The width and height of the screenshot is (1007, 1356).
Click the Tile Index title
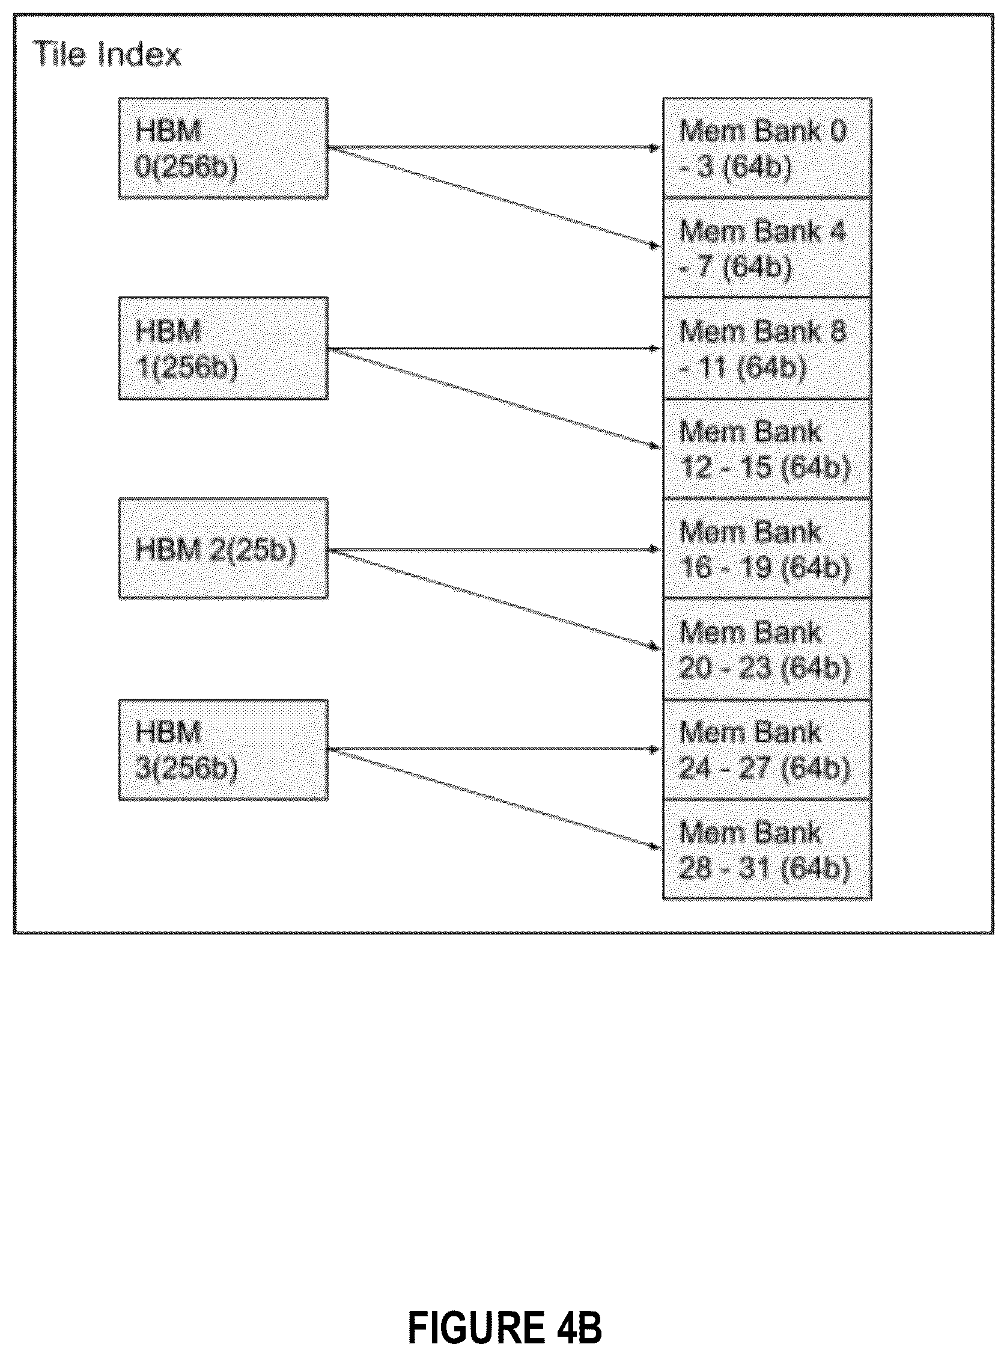point(108,54)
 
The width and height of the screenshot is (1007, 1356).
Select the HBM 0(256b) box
point(223,148)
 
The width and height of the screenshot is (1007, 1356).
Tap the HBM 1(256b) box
point(223,348)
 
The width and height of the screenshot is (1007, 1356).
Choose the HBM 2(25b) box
point(223,548)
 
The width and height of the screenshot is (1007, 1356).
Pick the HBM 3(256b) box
point(223,750)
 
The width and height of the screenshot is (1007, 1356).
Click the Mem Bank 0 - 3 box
point(767,147)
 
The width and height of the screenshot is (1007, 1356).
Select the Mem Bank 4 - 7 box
point(767,247)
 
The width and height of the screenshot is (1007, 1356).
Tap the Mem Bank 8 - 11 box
point(767,348)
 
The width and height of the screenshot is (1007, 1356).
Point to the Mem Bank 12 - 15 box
point(767,449)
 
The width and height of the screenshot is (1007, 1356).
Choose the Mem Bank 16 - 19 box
point(767,548)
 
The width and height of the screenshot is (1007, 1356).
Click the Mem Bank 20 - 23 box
point(767,649)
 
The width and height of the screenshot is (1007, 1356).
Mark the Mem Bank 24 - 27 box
point(767,750)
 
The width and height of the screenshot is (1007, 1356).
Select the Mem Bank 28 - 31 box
point(767,850)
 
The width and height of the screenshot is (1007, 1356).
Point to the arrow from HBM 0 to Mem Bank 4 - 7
point(494,197)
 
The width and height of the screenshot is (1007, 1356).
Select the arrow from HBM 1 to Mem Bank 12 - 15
point(494,399)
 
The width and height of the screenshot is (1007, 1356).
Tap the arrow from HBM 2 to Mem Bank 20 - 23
point(494,600)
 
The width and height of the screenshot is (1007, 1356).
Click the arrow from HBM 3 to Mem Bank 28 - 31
point(494,799)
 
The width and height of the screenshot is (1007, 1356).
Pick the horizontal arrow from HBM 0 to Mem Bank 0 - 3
point(494,147)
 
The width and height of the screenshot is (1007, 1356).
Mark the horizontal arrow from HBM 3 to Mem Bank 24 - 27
point(494,749)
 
